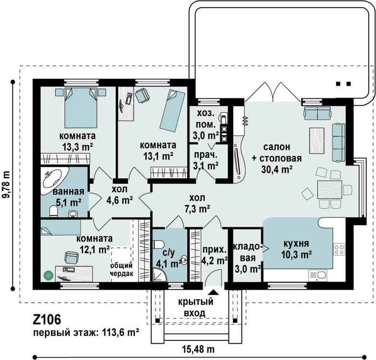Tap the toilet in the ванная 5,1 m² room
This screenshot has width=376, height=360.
pos(53,211)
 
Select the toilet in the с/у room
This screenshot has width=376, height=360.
pos(158,244)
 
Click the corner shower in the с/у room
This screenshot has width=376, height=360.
pos(159,275)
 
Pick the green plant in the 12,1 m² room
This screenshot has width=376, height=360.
pos(49,276)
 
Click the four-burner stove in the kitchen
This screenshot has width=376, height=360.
pos(339,249)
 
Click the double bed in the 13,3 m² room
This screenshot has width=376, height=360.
pos(81,108)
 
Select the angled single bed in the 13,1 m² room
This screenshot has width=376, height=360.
pos(173,110)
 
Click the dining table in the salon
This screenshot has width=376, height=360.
pos(330,190)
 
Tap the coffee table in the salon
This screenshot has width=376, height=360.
pos(317,141)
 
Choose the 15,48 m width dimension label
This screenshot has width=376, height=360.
pos(199,349)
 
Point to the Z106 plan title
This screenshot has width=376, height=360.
pos(47,320)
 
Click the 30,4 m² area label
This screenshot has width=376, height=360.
pos(277,169)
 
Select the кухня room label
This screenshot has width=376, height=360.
pos(296,244)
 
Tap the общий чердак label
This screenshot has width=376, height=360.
pos(121,269)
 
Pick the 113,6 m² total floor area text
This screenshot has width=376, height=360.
pos(121,333)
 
